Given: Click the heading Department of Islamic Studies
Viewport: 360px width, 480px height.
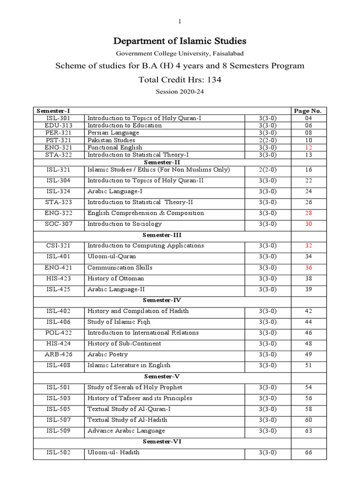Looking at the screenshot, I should point(180,41).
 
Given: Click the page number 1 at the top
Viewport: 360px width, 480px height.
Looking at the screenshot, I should point(180,22).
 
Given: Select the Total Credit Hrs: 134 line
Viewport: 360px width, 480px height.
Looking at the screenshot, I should point(180,80).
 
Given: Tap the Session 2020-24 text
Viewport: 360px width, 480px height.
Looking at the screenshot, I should point(180,92).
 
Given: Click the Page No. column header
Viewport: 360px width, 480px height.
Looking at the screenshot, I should point(308,111).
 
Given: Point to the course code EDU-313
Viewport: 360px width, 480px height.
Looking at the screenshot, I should point(59,126).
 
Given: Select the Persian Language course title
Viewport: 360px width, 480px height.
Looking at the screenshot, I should point(113,133).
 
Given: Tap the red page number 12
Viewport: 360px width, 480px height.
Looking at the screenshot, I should point(308,148).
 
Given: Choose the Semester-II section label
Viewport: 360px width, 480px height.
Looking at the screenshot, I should point(162,162).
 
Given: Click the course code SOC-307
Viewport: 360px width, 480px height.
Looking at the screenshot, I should point(59,224).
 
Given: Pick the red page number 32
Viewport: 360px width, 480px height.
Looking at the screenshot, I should point(308,246).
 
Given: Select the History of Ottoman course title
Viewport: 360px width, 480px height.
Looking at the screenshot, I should point(116,278).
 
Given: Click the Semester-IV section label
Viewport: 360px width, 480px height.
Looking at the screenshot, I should point(162,300).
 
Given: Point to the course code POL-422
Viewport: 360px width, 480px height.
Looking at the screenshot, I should point(59,333).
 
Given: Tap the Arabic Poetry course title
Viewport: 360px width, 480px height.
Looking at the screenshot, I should point(107,354).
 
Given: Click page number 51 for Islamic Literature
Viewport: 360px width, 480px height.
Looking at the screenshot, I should point(308,365).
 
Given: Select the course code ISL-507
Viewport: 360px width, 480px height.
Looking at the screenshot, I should point(59,420).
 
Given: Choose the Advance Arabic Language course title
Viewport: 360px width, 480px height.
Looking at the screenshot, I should point(126,431).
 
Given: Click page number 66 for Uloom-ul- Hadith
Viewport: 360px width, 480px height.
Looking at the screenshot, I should point(308,452).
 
